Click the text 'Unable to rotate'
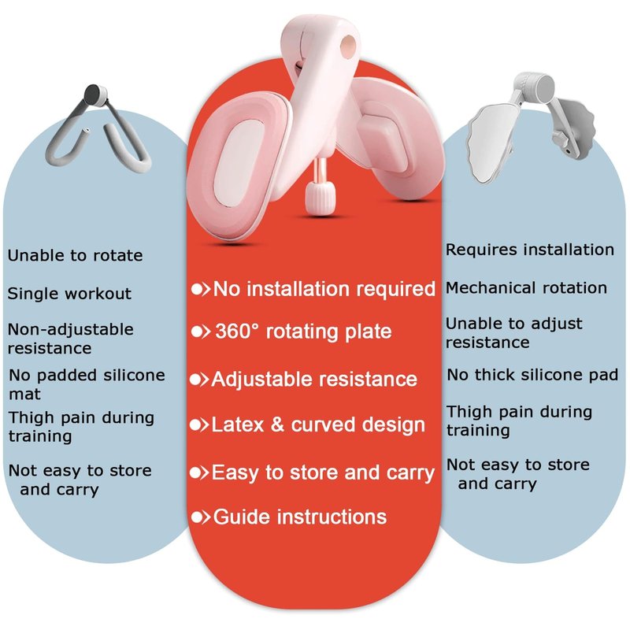(75, 255)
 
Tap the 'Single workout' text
(69, 294)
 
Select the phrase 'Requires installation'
(530, 250)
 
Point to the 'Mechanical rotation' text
(526, 287)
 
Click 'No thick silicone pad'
(532, 375)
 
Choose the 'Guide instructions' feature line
(300, 517)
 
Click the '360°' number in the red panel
(238, 332)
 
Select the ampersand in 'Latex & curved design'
(277, 424)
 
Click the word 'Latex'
(238, 424)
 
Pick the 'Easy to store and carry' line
(323, 472)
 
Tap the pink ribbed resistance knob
(320, 198)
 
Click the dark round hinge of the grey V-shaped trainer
(95, 94)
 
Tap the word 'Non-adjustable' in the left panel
(71, 330)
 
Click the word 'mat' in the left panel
(25, 395)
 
